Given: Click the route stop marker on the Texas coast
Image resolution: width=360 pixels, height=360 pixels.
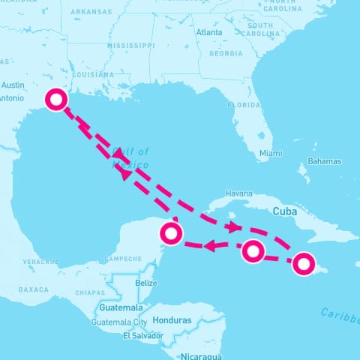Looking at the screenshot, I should point(55,100).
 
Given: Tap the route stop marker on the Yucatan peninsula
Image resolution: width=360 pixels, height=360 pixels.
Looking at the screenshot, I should point(172,235).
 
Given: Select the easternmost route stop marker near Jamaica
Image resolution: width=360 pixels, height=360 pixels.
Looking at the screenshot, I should point(303,263).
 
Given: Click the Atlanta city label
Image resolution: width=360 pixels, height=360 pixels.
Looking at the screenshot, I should point(208,33).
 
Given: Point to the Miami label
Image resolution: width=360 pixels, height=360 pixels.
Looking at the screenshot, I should point(271,153).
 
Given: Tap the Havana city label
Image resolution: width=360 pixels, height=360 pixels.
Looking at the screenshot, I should point(238,193).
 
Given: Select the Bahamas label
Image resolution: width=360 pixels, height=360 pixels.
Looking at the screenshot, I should point(324,161).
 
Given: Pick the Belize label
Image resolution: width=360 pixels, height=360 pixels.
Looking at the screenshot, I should point(147,283).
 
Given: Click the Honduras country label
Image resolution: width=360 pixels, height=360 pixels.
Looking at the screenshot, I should point(172,320).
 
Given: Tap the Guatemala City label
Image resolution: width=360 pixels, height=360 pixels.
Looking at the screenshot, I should point(119,322).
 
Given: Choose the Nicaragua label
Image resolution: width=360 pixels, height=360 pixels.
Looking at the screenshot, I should point(201,355).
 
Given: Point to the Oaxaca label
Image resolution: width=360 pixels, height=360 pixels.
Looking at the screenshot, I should point(33,289).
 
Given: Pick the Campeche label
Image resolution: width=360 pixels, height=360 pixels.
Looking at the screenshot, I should point(123,259).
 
